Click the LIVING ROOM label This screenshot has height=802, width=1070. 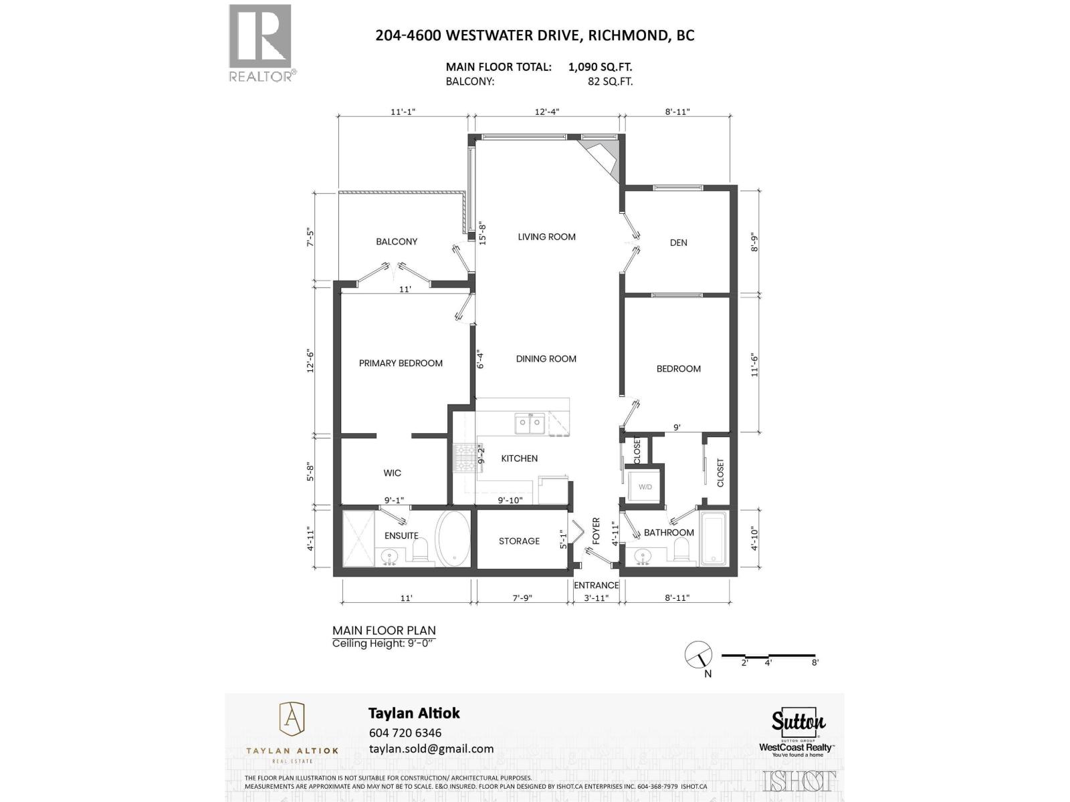point(546,237)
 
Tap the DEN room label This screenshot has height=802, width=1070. point(678,243)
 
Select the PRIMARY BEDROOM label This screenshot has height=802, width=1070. point(401,363)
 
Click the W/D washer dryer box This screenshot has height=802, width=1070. point(645,487)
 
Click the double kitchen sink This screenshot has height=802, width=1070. point(528,423)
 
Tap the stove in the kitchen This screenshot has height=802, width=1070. point(464,458)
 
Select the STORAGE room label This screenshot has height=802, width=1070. point(519,541)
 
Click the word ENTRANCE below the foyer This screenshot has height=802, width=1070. point(596,585)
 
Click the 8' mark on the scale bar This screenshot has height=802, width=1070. point(815,662)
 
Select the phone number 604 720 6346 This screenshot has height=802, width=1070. point(405,732)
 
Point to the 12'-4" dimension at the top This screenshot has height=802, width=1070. point(547,112)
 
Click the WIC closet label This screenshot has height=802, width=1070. point(393,473)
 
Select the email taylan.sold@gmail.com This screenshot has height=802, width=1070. point(431,749)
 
